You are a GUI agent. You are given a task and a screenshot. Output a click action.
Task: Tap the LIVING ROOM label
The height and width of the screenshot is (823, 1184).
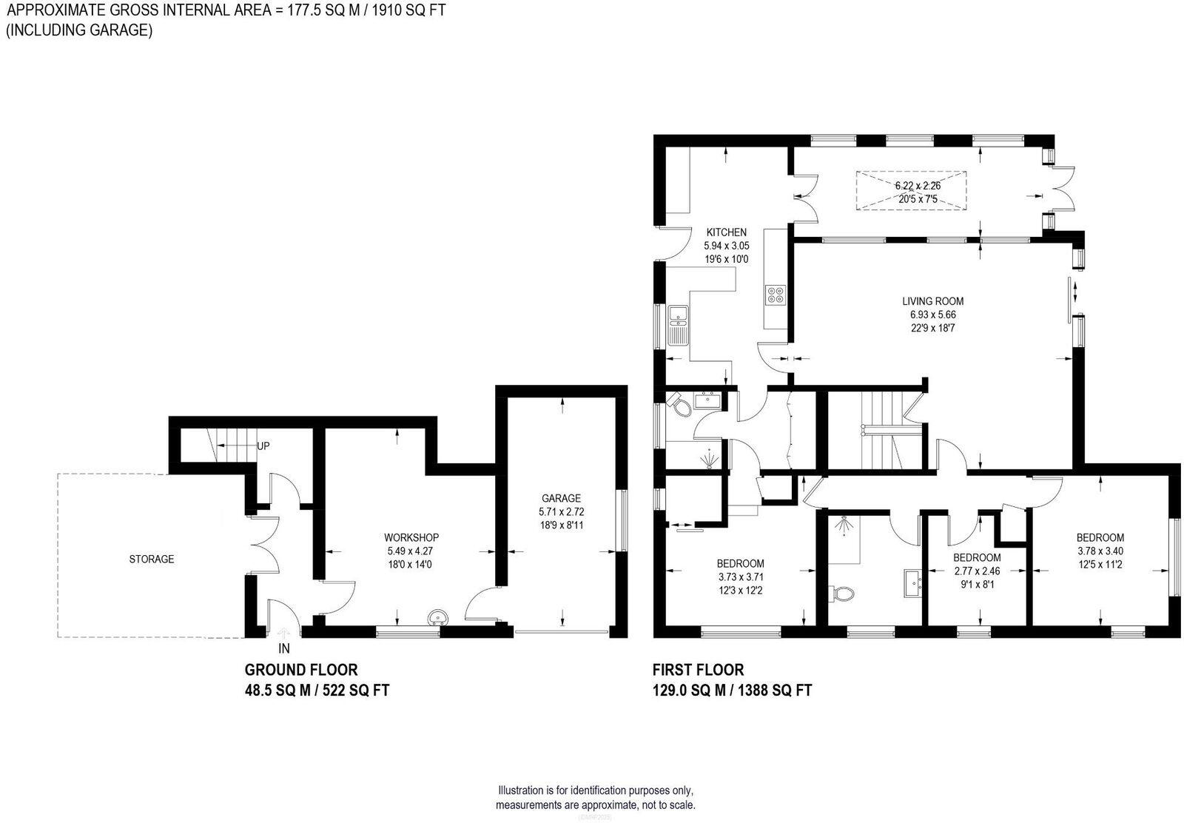click(932, 301)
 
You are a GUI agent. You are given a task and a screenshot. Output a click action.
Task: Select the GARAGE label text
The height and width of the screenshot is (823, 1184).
click(560, 498)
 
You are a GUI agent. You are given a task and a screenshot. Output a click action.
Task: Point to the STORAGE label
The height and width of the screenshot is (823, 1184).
click(151, 559)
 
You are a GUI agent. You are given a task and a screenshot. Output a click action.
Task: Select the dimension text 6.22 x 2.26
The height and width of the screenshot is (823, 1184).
click(918, 186)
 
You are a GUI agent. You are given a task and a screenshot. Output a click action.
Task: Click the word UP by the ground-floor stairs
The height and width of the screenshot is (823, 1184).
click(263, 446)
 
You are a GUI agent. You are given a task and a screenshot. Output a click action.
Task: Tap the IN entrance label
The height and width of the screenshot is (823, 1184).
click(284, 649)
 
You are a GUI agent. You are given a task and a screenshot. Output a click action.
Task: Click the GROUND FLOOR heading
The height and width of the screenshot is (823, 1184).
click(301, 670)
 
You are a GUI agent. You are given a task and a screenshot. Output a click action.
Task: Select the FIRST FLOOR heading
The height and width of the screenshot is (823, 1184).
click(697, 670)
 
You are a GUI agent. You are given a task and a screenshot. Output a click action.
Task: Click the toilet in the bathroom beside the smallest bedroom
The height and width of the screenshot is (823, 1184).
click(841, 593)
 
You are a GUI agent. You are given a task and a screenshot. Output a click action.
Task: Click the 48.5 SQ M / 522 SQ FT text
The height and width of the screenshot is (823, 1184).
click(317, 691)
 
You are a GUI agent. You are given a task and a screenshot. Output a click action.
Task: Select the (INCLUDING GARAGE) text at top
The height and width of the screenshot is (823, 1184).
click(79, 30)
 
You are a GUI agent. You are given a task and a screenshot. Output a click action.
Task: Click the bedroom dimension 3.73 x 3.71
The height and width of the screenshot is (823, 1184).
click(740, 577)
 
